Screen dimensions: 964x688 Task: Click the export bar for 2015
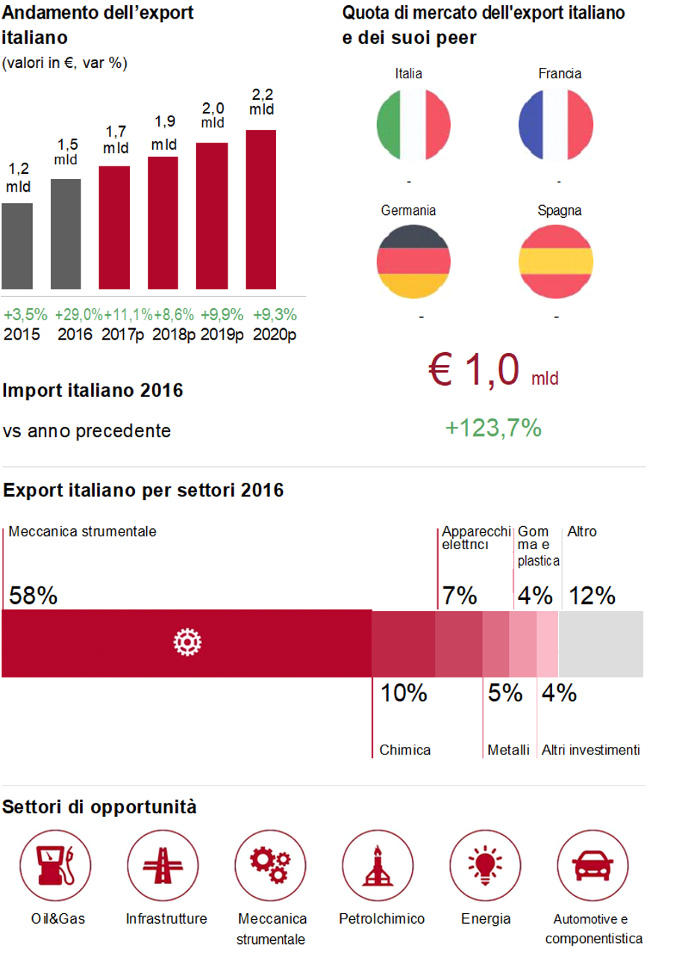(16, 245)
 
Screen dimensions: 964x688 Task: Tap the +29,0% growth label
(78, 314)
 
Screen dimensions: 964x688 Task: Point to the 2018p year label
(174, 334)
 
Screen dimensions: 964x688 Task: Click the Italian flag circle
(413, 125)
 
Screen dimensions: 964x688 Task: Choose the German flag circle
(413, 261)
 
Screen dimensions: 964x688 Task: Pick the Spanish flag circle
(556, 261)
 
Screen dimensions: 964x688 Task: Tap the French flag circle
(556, 125)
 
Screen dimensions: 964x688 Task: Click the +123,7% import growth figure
(493, 428)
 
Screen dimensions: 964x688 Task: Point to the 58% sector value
(33, 595)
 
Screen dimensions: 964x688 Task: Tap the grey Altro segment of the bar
(601, 643)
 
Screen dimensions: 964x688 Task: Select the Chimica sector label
(405, 750)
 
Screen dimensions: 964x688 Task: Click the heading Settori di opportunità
(100, 807)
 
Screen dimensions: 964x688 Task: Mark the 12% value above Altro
(592, 595)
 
